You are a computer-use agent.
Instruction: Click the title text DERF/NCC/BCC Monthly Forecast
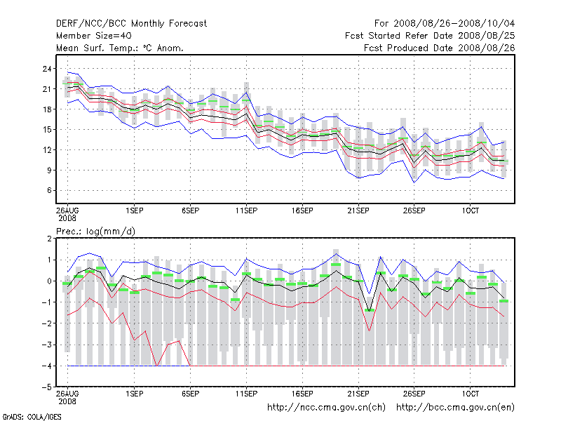click(x=131, y=23)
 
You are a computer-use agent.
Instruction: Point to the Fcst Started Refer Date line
click(x=430, y=35)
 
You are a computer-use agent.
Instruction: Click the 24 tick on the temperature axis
click(x=48, y=69)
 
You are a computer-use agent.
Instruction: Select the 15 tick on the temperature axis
click(x=48, y=129)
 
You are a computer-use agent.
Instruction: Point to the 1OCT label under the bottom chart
click(x=470, y=395)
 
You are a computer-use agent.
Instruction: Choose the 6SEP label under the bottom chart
click(x=190, y=395)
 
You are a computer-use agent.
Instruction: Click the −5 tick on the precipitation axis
click(x=47, y=387)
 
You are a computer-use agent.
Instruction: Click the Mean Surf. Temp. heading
click(x=119, y=48)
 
